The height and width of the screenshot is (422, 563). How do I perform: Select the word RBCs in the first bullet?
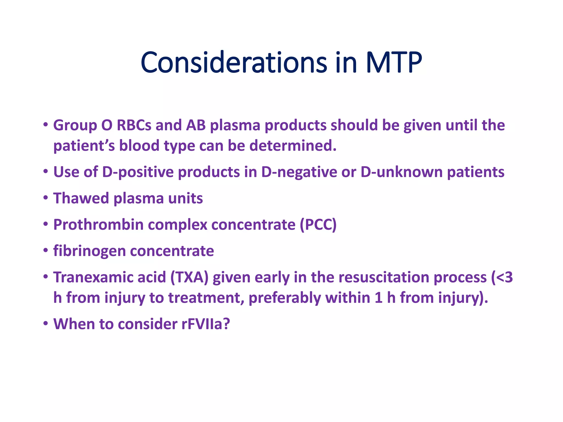(134, 125)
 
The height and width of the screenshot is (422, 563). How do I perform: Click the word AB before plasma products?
(196, 125)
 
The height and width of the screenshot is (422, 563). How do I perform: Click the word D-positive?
(138, 172)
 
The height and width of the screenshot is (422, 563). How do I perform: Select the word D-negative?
(299, 172)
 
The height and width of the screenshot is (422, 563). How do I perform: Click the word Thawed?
(81, 198)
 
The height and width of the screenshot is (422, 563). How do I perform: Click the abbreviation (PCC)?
(318, 225)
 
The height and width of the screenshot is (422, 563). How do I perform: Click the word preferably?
(285, 298)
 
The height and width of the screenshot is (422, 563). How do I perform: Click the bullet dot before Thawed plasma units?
(46, 198)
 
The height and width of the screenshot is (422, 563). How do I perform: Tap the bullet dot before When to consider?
(46, 324)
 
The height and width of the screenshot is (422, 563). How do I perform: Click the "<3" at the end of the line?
(504, 277)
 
